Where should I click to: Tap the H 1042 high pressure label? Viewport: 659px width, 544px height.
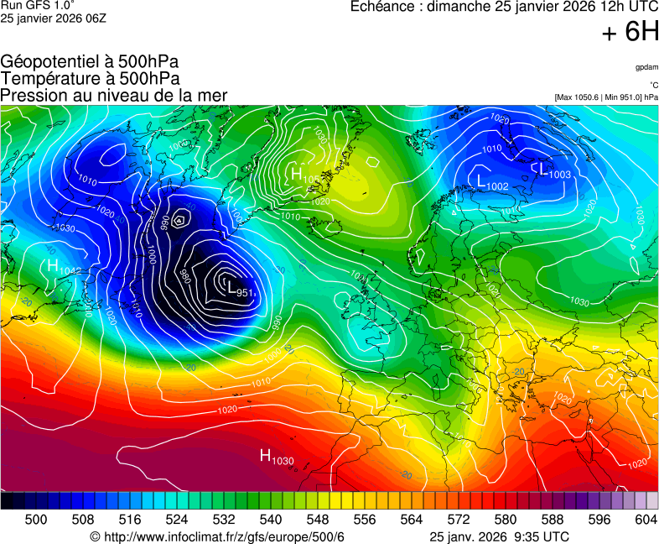point(64,267)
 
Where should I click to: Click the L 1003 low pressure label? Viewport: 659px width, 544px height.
point(554,171)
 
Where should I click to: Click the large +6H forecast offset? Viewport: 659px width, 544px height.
point(630,32)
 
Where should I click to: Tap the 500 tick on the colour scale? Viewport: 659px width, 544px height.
point(36,520)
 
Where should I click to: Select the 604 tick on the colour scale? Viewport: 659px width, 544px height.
point(646,520)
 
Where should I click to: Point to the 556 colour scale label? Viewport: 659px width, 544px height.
point(364,520)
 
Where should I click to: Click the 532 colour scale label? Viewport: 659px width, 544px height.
point(223,520)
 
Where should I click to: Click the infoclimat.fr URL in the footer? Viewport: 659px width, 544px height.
point(223,536)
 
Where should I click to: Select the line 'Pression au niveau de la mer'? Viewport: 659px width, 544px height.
point(114,95)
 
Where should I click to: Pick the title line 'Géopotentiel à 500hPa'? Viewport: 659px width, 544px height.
point(90,61)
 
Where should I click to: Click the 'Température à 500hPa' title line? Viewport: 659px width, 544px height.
point(90,78)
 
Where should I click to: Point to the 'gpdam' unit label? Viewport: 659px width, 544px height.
point(646,66)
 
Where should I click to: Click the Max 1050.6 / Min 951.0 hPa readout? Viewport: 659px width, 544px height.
point(606,97)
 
